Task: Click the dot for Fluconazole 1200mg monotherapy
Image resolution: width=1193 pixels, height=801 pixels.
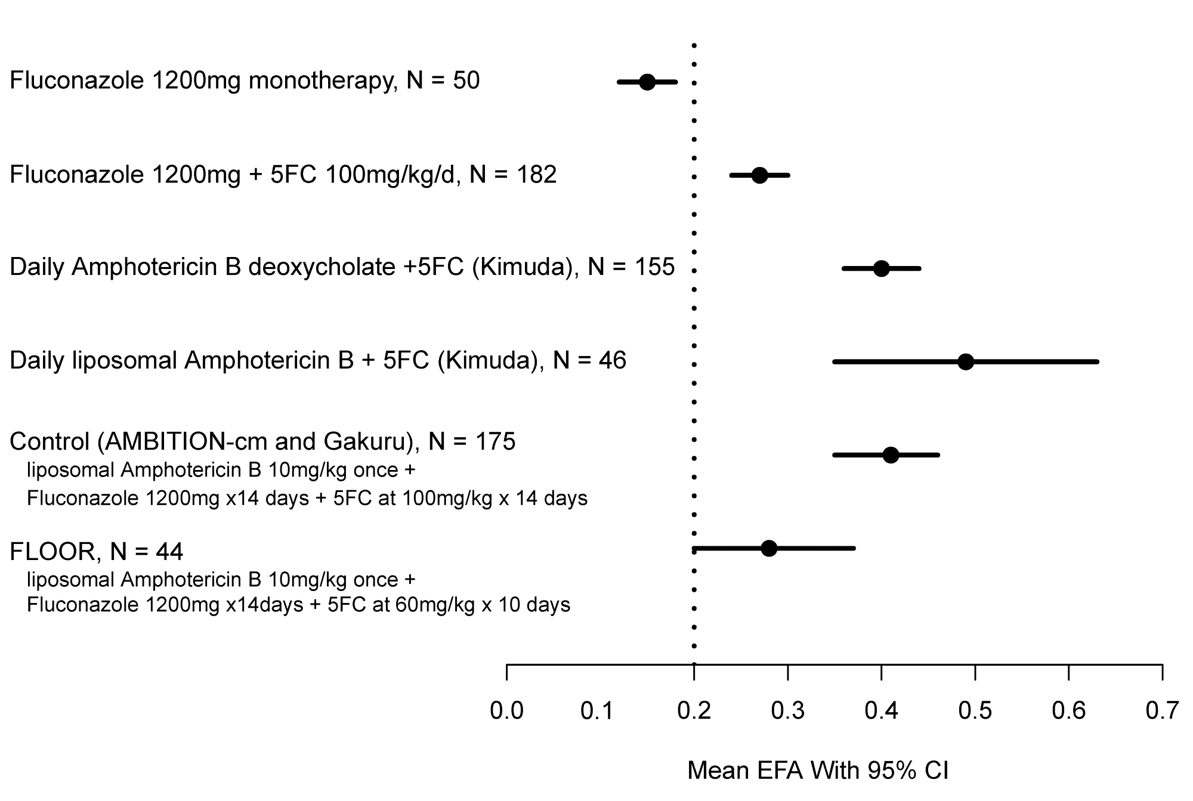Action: (x=647, y=82)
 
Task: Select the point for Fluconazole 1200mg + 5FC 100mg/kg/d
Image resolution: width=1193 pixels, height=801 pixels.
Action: (x=759, y=175)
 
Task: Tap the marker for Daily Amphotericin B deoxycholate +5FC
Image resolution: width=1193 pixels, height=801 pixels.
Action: (x=881, y=268)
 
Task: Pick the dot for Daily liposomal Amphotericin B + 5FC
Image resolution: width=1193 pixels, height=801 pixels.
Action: (x=966, y=362)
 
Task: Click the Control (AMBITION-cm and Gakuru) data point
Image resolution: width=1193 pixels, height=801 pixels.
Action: (x=891, y=455)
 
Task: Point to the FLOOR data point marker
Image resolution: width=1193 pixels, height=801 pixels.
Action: (x=769, y=548)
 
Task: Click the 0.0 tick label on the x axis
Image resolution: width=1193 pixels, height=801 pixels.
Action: (x=506, y=711)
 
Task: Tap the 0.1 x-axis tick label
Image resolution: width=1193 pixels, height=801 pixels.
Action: (x=597, y=711)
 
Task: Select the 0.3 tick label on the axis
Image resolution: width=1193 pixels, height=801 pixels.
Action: (x=787, y=711)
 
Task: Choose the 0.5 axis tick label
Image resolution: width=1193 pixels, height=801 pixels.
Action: (x=975, y=711)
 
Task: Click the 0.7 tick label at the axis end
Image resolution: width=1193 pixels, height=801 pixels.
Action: (x=1162, y=711)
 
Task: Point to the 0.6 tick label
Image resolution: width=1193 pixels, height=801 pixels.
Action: (x=1068, y=711)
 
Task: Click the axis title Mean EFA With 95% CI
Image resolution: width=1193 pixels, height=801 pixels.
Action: (x=818, y=771)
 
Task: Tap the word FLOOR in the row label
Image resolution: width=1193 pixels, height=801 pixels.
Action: (x=52, y=552)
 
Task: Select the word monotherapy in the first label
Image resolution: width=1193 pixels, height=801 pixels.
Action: (x=323, y=81)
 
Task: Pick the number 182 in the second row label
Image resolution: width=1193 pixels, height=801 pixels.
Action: (x=537, y=175)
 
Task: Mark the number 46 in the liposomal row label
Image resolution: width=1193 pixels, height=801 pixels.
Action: (x=612, y=361)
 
